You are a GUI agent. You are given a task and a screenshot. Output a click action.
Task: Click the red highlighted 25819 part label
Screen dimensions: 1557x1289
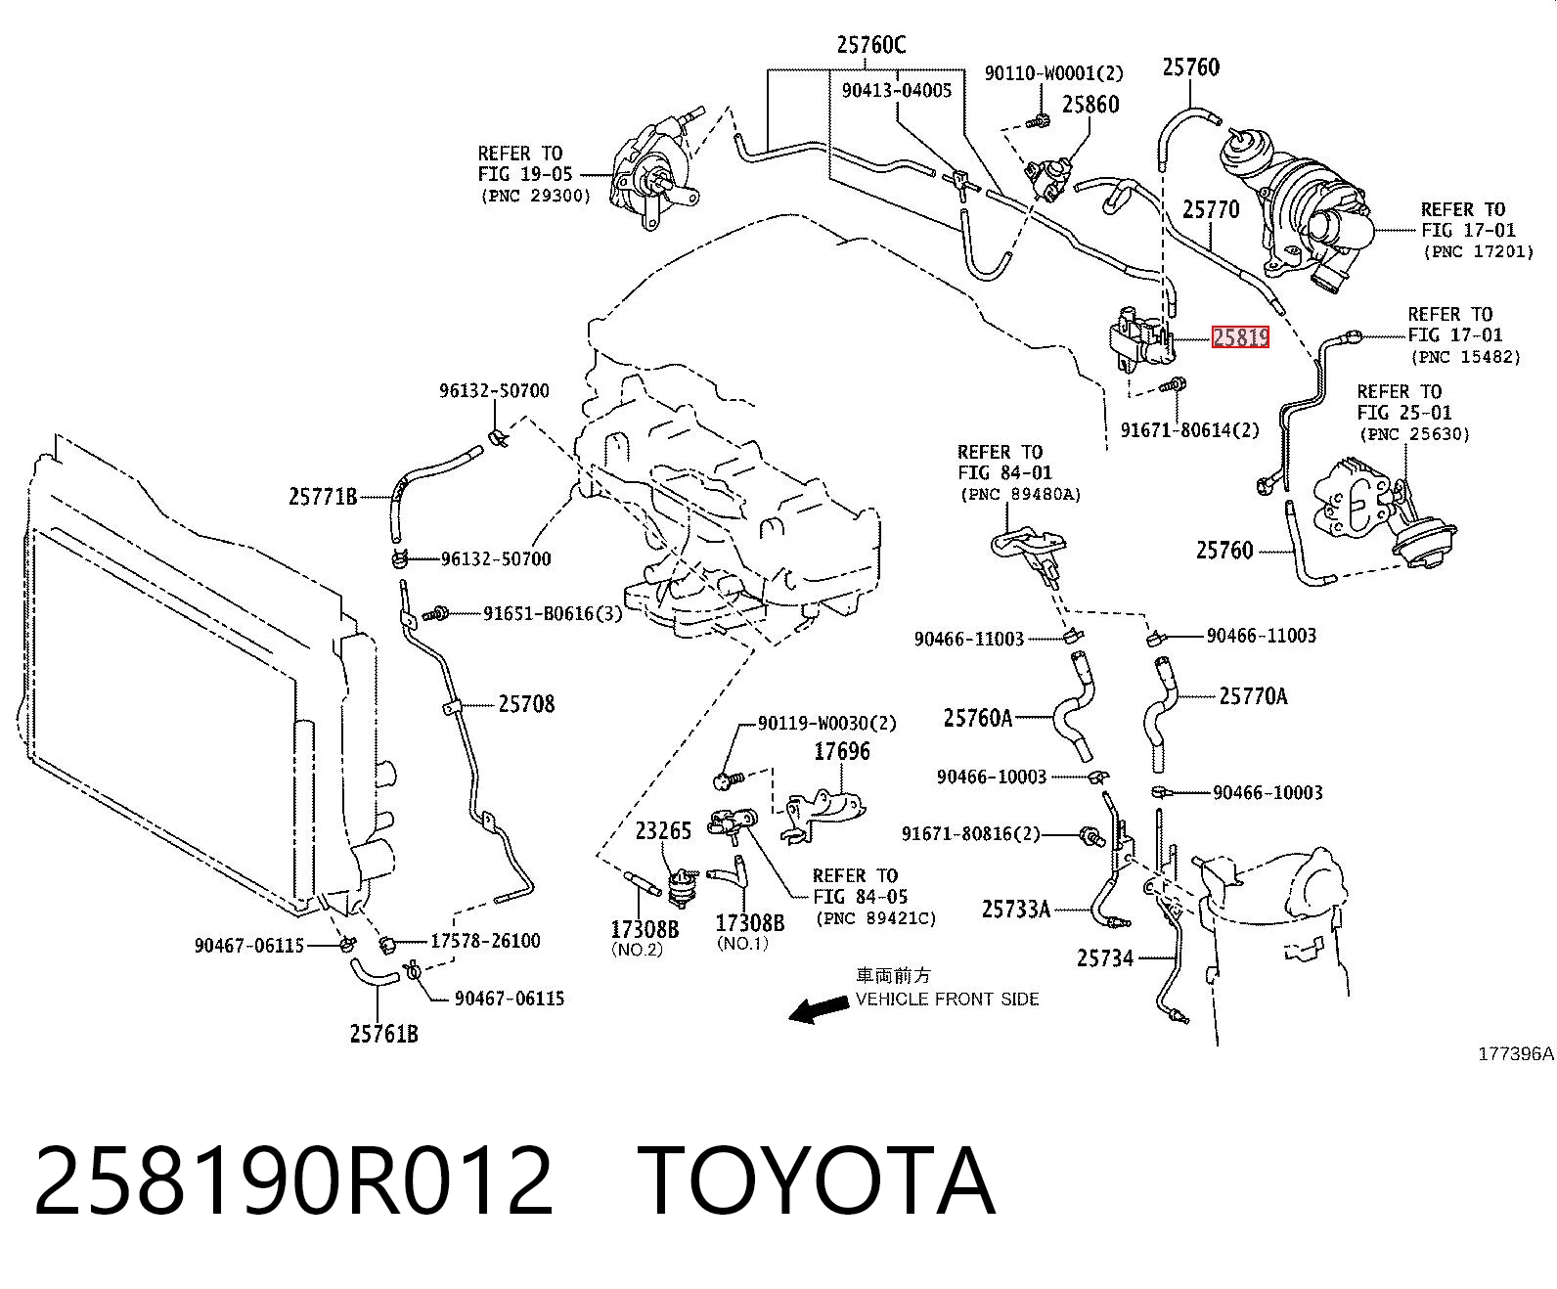point(1240,337)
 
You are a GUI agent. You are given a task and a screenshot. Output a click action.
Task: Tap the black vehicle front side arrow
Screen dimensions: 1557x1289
point(818,1010)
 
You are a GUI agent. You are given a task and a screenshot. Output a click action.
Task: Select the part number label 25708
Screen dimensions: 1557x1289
point(526,703)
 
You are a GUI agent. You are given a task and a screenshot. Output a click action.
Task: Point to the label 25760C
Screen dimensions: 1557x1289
point(871,46)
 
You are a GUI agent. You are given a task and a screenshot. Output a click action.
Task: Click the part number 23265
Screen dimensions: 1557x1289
point(663,830)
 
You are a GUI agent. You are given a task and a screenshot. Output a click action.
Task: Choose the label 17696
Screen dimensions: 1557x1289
point(842,750)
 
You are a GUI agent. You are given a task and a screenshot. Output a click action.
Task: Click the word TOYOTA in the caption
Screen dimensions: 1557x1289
point(816,1182)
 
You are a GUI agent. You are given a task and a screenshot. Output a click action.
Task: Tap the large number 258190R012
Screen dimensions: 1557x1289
point(293,1182)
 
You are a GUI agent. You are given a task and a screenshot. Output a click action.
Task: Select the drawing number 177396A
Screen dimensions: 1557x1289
point(1516,1054)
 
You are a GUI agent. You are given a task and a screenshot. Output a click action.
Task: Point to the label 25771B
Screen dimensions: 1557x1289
point(323,496)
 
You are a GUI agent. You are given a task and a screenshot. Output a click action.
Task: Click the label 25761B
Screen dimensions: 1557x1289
point(384,1033)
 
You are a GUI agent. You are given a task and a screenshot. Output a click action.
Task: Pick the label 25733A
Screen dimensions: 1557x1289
point(1015,909)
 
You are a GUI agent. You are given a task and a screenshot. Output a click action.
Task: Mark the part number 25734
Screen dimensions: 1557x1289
point(1105,957)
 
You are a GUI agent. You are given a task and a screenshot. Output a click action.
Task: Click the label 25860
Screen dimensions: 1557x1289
point(1090,104)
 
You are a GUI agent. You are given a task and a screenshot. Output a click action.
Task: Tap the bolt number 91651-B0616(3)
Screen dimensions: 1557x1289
point(553,613)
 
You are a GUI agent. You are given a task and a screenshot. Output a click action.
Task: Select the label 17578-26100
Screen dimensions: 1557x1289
point(485,941)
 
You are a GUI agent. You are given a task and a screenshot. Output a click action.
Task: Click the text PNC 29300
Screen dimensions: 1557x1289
point(535,197)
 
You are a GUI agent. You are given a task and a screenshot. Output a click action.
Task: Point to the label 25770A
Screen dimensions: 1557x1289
point(1253,696)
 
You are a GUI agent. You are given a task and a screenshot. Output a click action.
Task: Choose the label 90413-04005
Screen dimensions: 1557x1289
point(897,90)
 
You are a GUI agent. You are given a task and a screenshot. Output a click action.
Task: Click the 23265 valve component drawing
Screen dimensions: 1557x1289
point(681,887)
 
